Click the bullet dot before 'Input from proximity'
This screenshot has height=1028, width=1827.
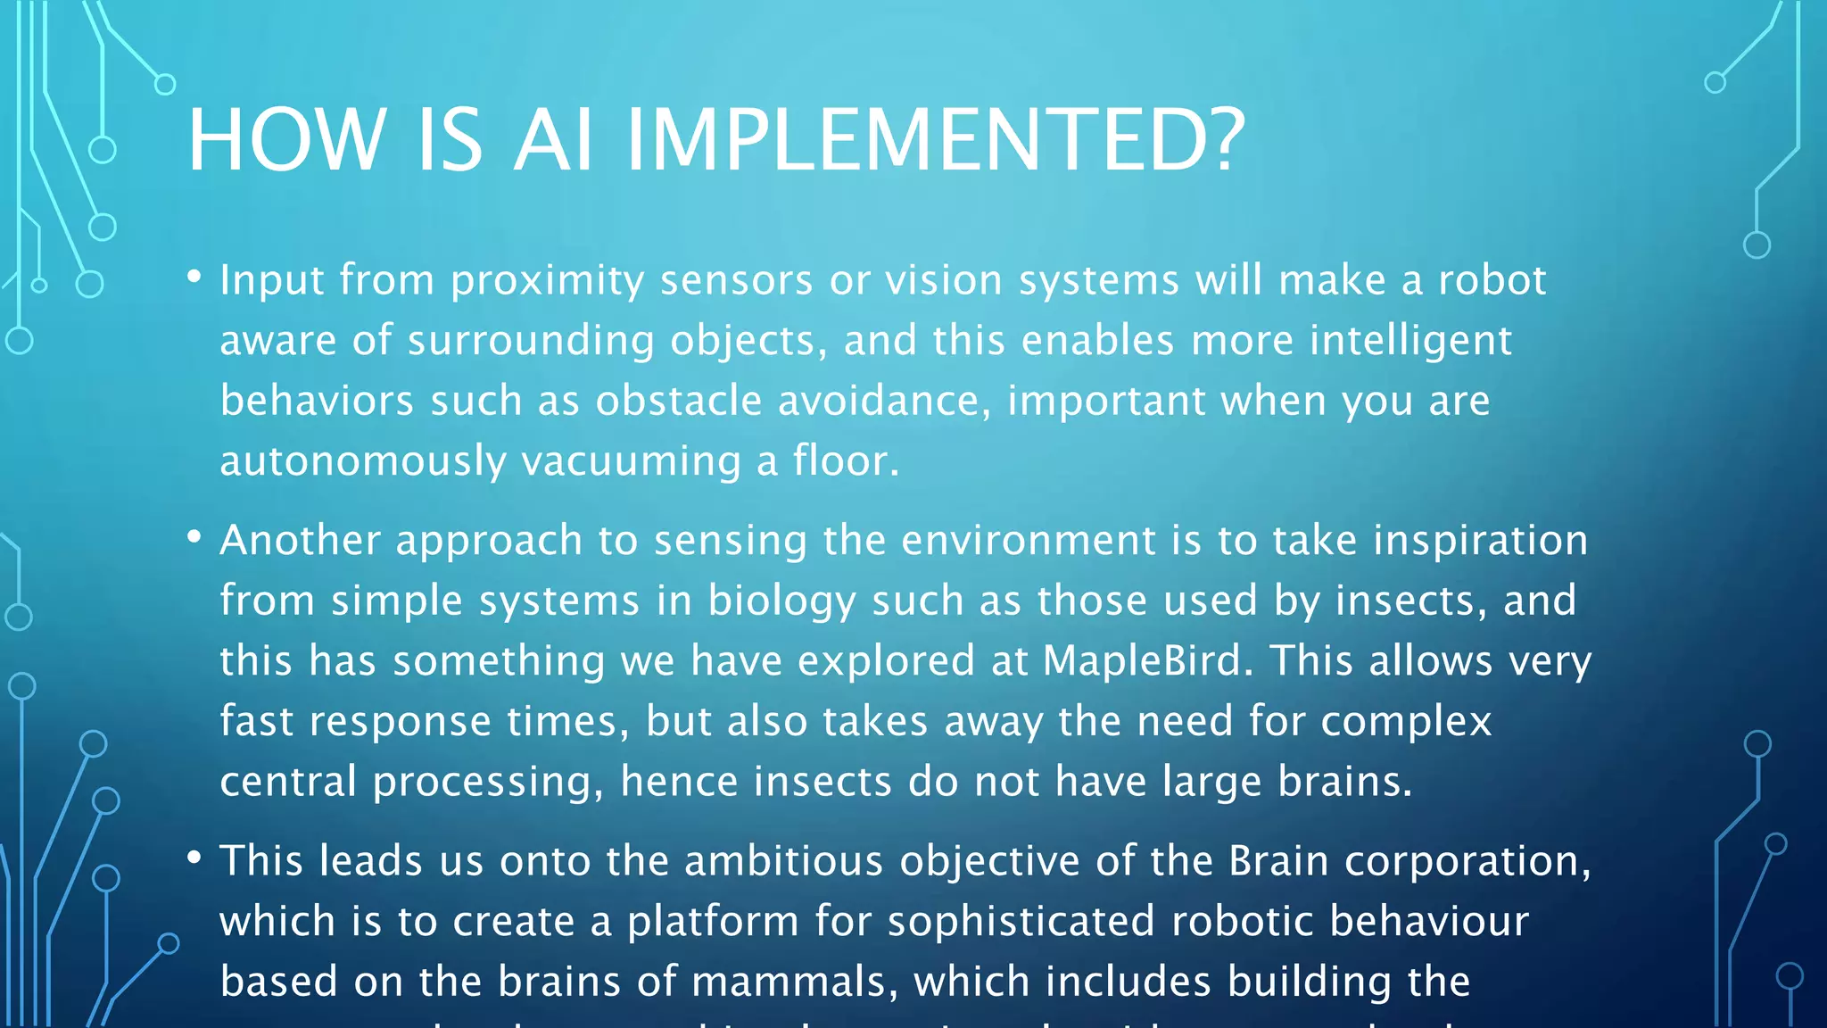[194, 277]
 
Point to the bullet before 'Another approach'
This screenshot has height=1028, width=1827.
[194, 536]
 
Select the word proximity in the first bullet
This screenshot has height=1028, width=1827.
[547, 281]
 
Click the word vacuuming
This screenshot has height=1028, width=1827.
[631, 461]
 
